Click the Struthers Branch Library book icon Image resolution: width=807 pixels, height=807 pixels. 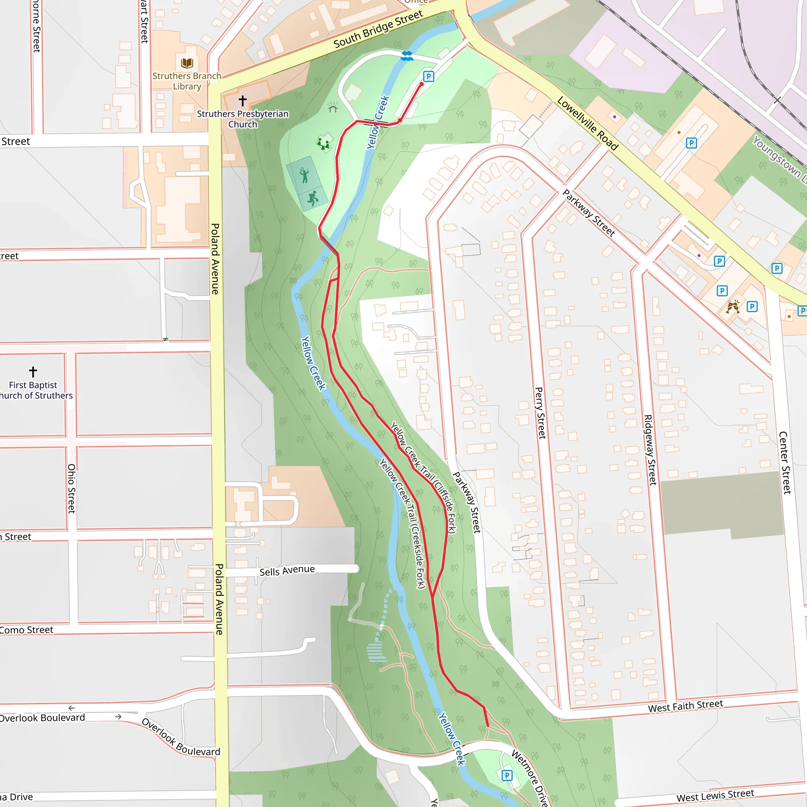(x=187, y=63)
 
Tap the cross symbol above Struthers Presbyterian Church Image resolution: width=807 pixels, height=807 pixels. (x=242, y=100)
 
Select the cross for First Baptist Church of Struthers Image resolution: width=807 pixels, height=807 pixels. (x=33, y=371)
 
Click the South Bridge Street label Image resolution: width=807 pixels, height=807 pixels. (x=378, y=29)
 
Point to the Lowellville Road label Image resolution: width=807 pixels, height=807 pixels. (x=587, y=123)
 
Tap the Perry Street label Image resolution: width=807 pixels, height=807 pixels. (x=540, y=413)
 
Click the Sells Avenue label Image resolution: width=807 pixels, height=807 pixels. (x=287, y=571)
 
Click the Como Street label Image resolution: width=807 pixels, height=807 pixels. (x=27, y=630)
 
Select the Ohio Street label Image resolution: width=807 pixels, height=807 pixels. (x=71, y=488)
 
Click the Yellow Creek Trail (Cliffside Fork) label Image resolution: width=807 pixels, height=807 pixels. (x=423, y=477)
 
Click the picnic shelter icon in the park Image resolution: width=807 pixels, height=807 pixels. (x=333, y=107)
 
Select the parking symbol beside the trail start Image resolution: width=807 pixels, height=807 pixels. (x=428, y=76)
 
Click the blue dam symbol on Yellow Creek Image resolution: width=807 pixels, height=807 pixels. (x=406, y=56)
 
